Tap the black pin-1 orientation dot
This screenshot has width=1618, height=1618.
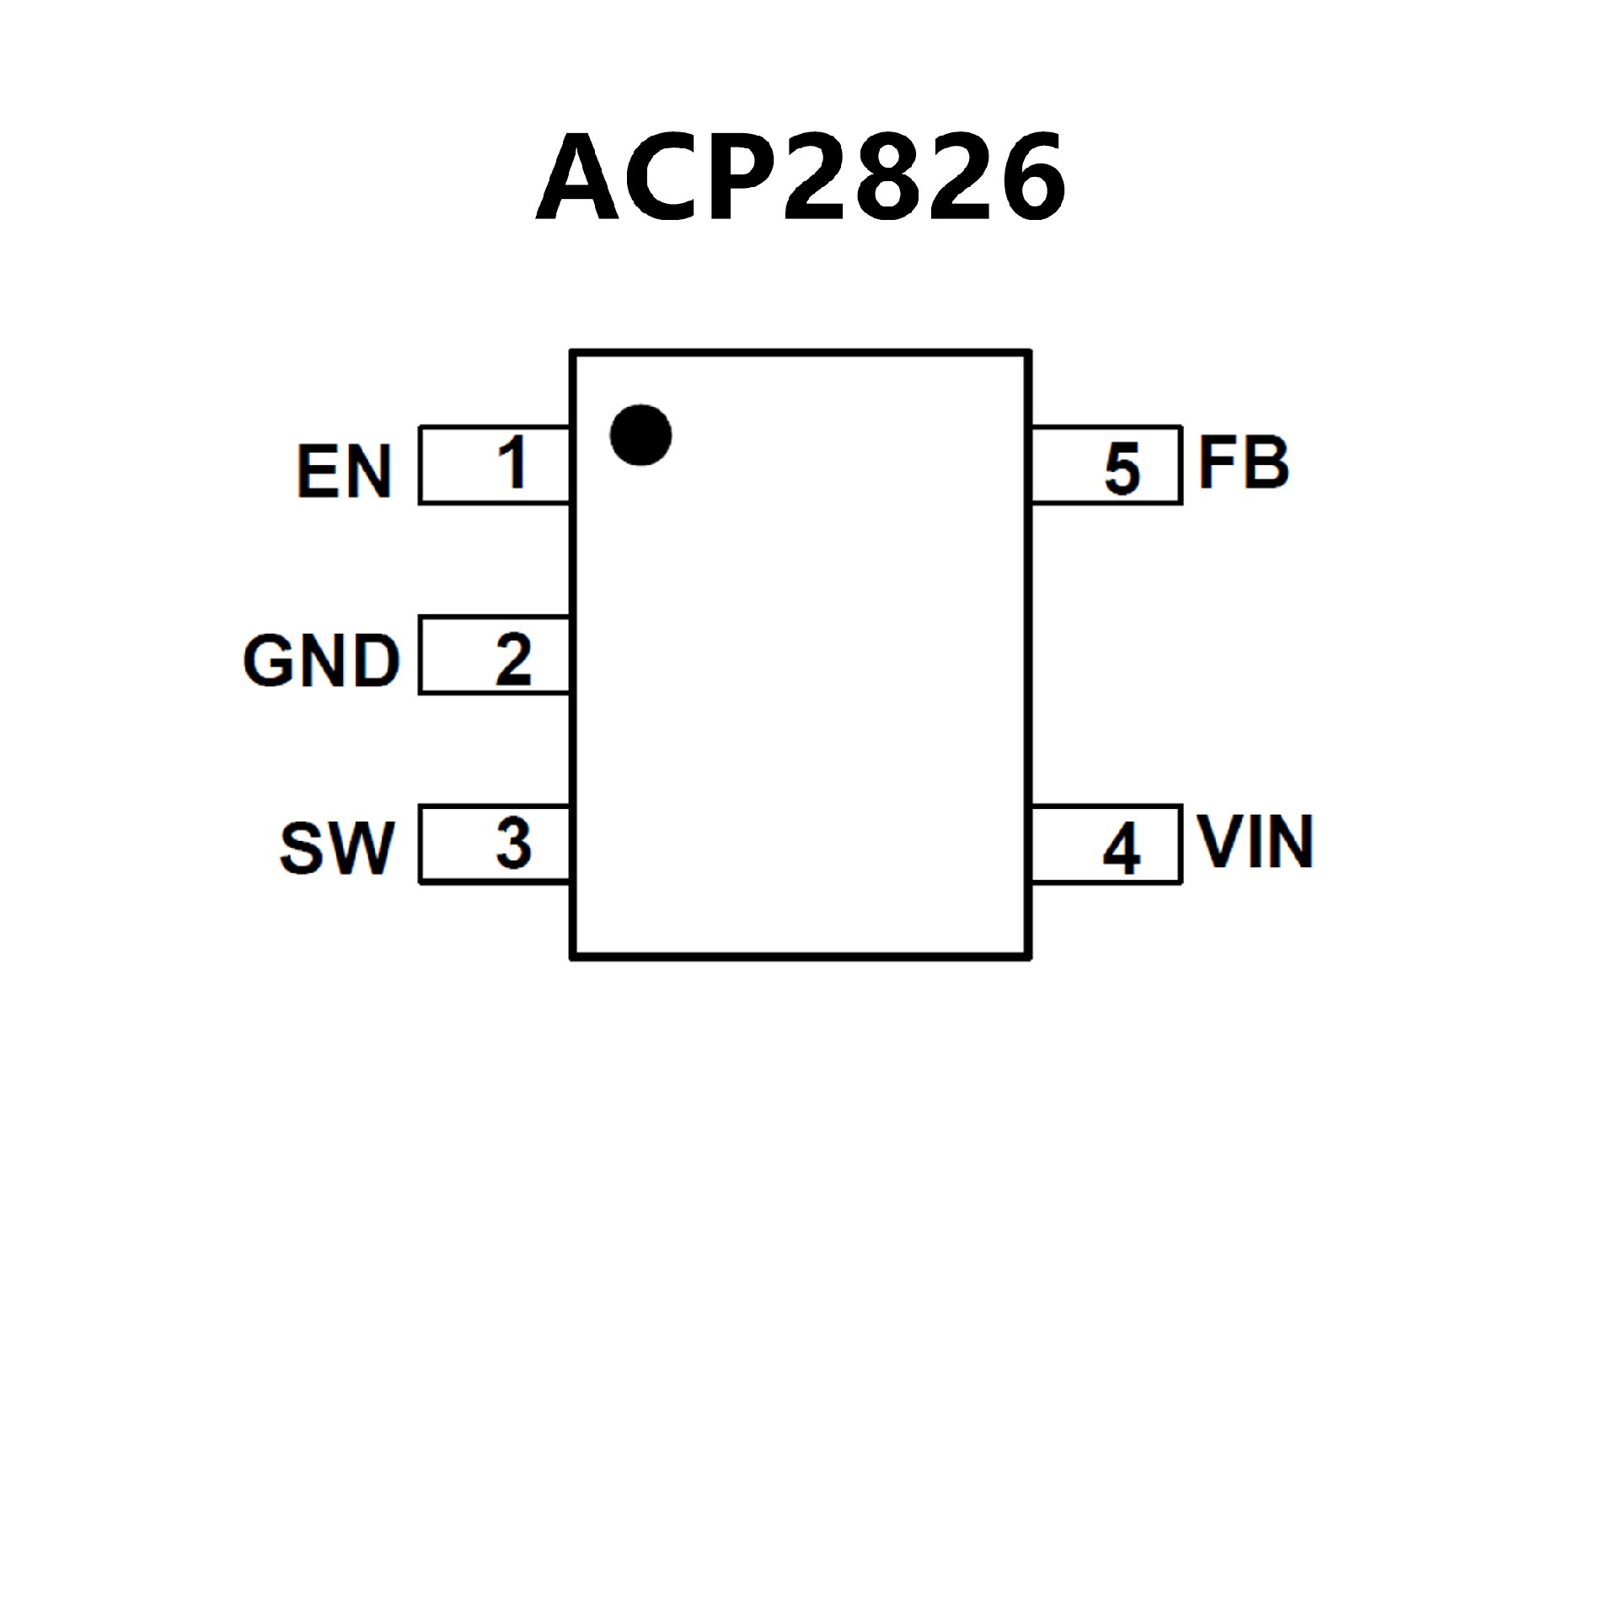[x=640, y=435]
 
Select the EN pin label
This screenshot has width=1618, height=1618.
[x=344, y=471]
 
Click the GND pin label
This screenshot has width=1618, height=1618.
[x=321, y=661]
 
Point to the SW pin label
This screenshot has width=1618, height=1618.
[x=337, y=848]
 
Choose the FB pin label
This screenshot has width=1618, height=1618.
[x=1244, y=463]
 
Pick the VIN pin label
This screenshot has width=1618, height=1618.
[x=1256, y=842]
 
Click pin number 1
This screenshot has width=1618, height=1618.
[x=512, y=463]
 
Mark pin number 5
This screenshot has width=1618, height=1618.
[x=1122, y=469]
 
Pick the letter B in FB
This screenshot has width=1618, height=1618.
[x=1265, y=463]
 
